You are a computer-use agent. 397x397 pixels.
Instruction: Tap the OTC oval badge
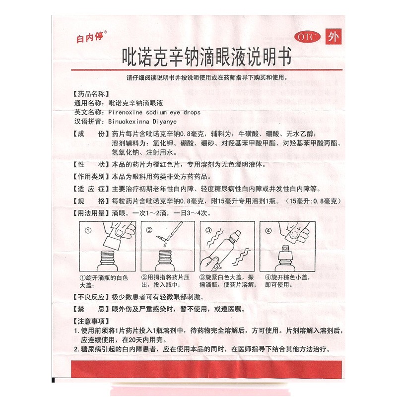tap(307, 37)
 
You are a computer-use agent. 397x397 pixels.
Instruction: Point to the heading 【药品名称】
tap(90, 94)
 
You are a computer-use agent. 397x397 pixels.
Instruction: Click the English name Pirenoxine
tap(127, 113)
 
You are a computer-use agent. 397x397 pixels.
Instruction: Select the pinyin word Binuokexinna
tap(130, 122)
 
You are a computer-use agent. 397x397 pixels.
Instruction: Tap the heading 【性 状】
tap(90, 164)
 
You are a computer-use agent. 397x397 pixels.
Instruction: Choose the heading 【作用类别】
tap(90, 176)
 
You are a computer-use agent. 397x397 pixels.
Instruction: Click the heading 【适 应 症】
tap(90, 189)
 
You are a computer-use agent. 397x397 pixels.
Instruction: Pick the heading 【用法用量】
tap(90, 213)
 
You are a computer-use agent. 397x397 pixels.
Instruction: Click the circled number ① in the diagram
tap(88, 231)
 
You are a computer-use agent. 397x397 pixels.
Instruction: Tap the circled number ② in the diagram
tap(148, 231)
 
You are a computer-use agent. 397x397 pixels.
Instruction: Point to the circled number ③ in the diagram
tap(208, 231)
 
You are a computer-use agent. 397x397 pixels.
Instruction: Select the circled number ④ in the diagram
tap(268, 231)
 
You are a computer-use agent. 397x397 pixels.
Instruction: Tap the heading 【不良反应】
tap(90, 297)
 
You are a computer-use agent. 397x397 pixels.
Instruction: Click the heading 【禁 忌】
tap(90, 309)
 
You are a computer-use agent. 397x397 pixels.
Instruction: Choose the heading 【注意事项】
tap(90, 321)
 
